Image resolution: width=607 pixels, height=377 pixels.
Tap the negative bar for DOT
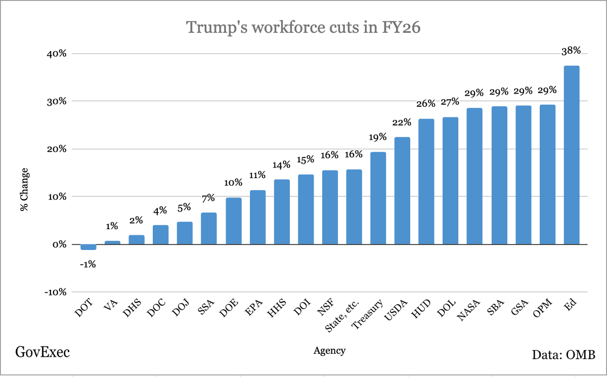click(x=89, y=247)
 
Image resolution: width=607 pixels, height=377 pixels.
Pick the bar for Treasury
click(x=378, y=198)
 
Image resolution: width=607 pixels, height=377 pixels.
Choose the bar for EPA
click(x=257, y=217)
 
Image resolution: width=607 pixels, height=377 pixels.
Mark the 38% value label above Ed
click(x=572, y=51)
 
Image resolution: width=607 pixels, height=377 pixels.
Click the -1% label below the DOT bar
click(x=89, y=264)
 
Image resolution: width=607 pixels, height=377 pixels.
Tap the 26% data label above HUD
click(x=426, y=104)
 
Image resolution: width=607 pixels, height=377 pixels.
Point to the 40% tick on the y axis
click(x=56, y=54)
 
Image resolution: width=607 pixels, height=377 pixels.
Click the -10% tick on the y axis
click(x=55, y=292)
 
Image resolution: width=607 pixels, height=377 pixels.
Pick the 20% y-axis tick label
click(x=56, y=149)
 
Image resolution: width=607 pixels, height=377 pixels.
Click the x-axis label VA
click(x=113, y=306)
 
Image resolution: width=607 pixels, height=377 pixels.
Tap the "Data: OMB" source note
click(x=563, y=354)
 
